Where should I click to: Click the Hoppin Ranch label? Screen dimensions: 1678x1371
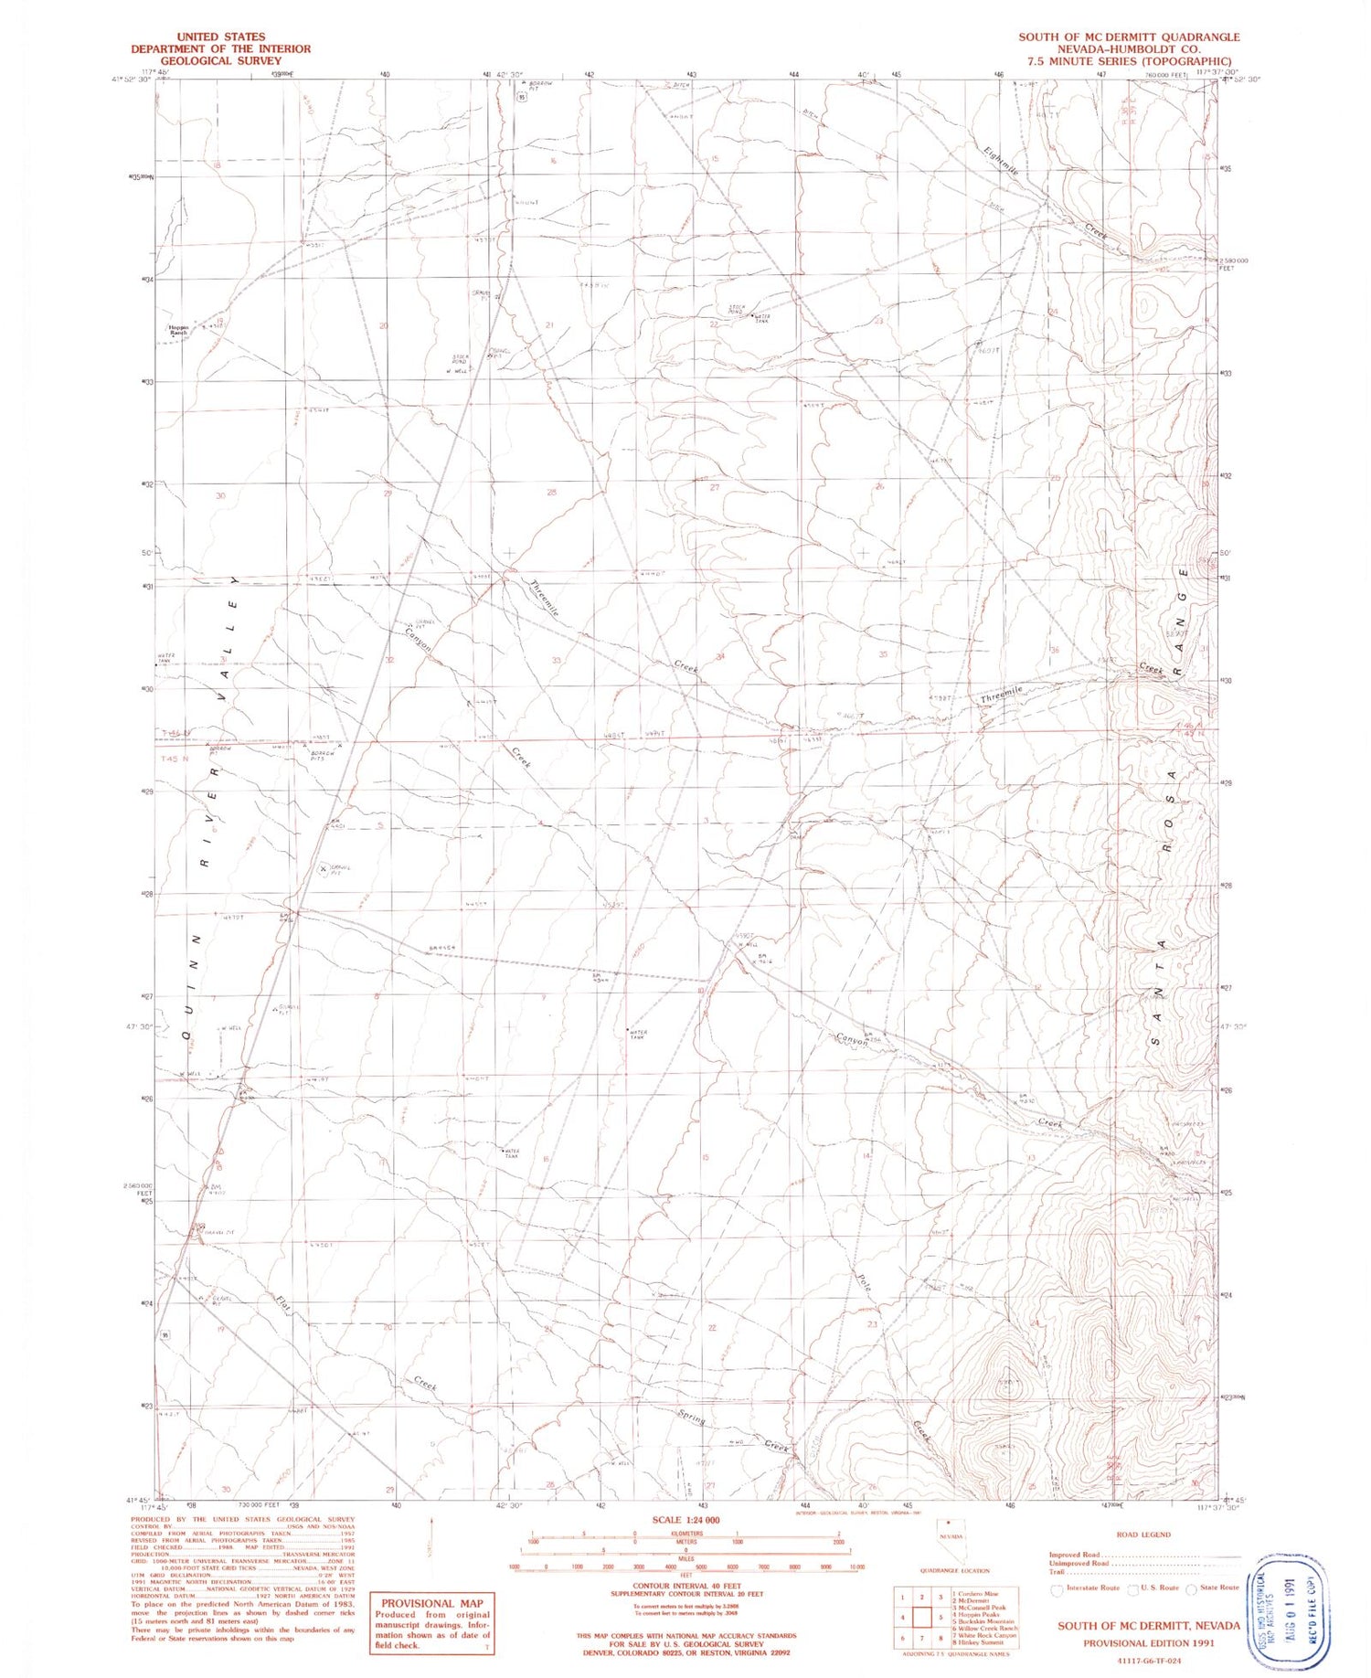177,330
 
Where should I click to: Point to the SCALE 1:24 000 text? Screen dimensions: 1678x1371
685,1519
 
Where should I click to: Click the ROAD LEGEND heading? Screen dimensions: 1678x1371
1142,1535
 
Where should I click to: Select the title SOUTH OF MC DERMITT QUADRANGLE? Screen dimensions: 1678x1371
1129,37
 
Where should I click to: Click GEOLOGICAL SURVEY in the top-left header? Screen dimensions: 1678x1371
220,60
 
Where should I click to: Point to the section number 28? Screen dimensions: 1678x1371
551,493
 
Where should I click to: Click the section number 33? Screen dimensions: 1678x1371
556,660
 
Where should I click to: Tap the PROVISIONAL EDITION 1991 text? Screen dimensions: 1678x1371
1148,1641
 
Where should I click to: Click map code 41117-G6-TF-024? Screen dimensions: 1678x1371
1148,1660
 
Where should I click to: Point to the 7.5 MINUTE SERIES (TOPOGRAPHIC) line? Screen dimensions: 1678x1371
1129,61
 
